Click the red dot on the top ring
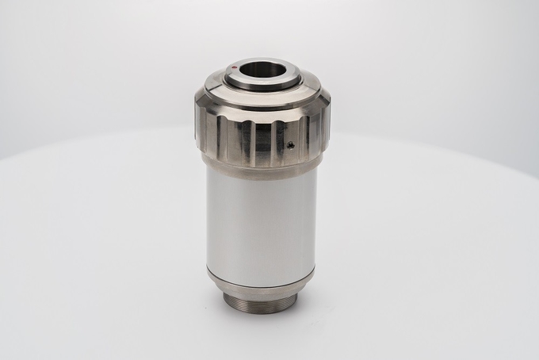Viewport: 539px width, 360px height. coord(235,68)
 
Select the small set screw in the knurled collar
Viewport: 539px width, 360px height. coord(291,145)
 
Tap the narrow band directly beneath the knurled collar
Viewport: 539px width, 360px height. coord(262,169)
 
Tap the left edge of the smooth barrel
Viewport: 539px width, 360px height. coord(208,222)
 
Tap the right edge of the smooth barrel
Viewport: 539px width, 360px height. coord(316,222)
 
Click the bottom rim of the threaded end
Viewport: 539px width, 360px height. coord(262,312)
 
